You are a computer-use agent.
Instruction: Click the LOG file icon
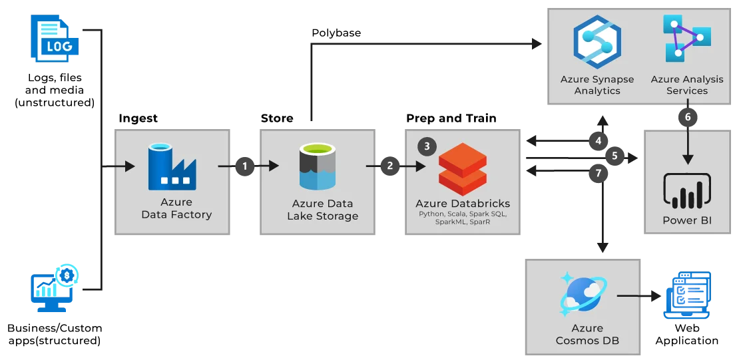coord(56,39)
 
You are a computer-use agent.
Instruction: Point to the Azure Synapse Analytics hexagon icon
coord(597,42)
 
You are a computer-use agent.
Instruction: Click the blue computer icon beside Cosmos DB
coord(688,295)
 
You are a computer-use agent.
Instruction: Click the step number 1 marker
coord(244,166)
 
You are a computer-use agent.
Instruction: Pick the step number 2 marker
coord(390,166)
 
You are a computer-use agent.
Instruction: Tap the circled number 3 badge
coord(427,146)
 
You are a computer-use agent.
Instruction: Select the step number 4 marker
coord(599,141)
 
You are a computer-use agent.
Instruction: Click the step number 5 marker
coord(615,156)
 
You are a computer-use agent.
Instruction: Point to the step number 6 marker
coord(688,117)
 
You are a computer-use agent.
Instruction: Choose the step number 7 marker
coord(599,172)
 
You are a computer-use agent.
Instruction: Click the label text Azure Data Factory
coord(176,208)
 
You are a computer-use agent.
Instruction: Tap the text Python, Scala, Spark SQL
coord(462,214)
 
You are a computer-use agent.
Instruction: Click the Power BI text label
coord(687,220)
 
